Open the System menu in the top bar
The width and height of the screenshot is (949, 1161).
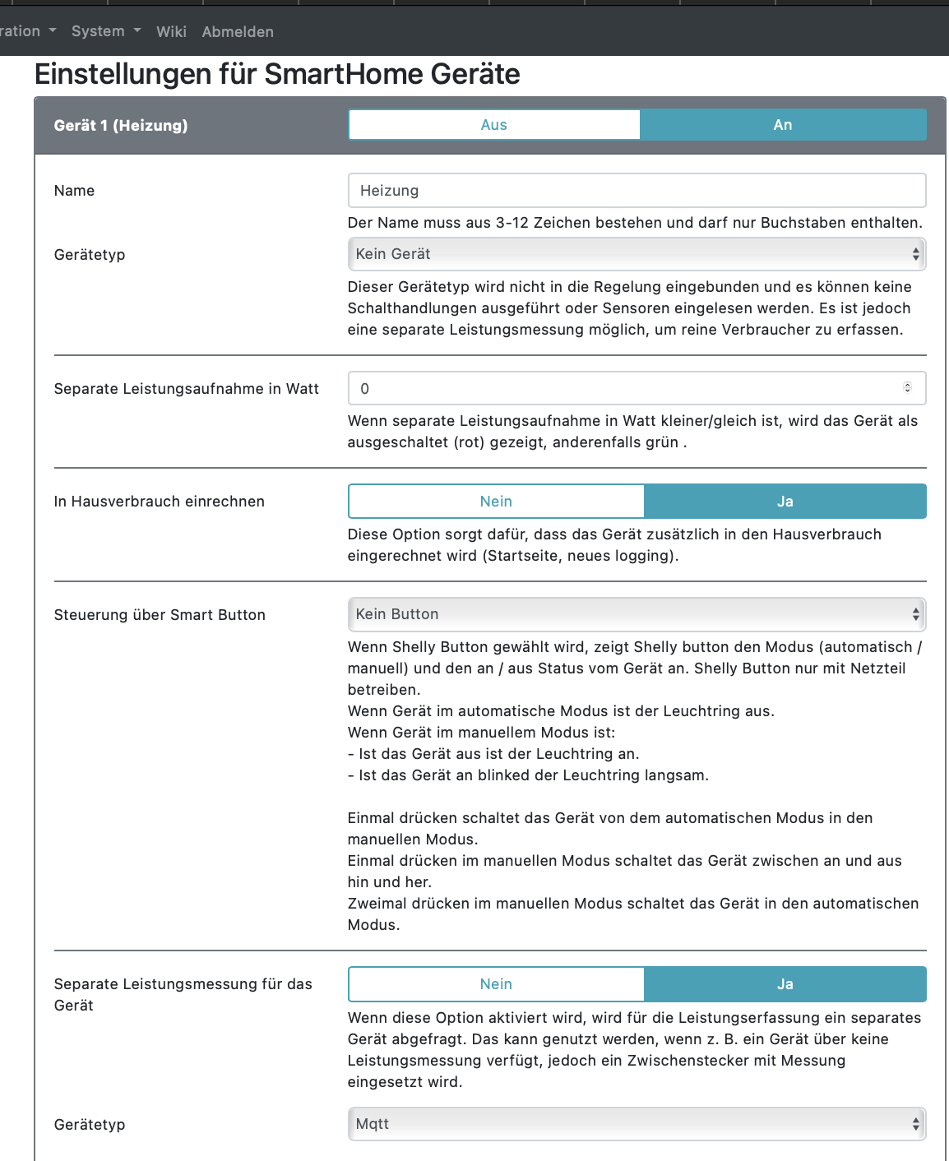pyautogui.click(x=105, y=31)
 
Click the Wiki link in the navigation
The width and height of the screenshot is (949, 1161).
pyautogui.click(x=171, y=31)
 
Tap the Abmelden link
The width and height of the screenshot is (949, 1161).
pyautogui.click(x=238, y=31)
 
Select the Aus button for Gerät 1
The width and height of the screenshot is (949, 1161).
pyautogui.click(x=494, y=125)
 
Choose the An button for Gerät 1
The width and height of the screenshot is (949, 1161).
pyautogui.click(x=783, y=125)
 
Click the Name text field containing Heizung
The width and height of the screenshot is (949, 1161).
pyautogui.click(x=637, y=191)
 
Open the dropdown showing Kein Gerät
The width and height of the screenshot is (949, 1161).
pyautogui.click(x=637, y=254)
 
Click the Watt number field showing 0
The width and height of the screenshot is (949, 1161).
pyautogui.click(x=625, y=389)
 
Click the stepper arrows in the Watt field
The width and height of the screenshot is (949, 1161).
pyautogui.click(x=908, y=388)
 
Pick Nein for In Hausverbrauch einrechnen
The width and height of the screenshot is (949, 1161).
pyautogui.click(x=496, y=502)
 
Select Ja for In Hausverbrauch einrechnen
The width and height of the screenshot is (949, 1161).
pyautogui.click(x=785, y=502)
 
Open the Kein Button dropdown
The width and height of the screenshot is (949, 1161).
pyautogui.click(x=637, y=614)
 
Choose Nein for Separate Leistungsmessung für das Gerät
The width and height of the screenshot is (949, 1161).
pyautogui.click(x=496, y=984)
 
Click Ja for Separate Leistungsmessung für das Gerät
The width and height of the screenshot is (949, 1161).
pyautogui.click(x=785, y=984)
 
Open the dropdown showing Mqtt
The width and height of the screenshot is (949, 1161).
pyautogui.click(x=637, y=1124)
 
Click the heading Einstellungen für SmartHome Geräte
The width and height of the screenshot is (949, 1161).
pyautogui.click(x=277, y=74)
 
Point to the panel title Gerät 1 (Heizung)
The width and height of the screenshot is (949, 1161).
pyautogui.click(x=121, y=125)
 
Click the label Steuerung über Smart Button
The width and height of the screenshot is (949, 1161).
pyautogui.click(x=160, y=615)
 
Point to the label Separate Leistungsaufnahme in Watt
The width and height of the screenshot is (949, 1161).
pyautogui.click(x=187, y=389)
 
